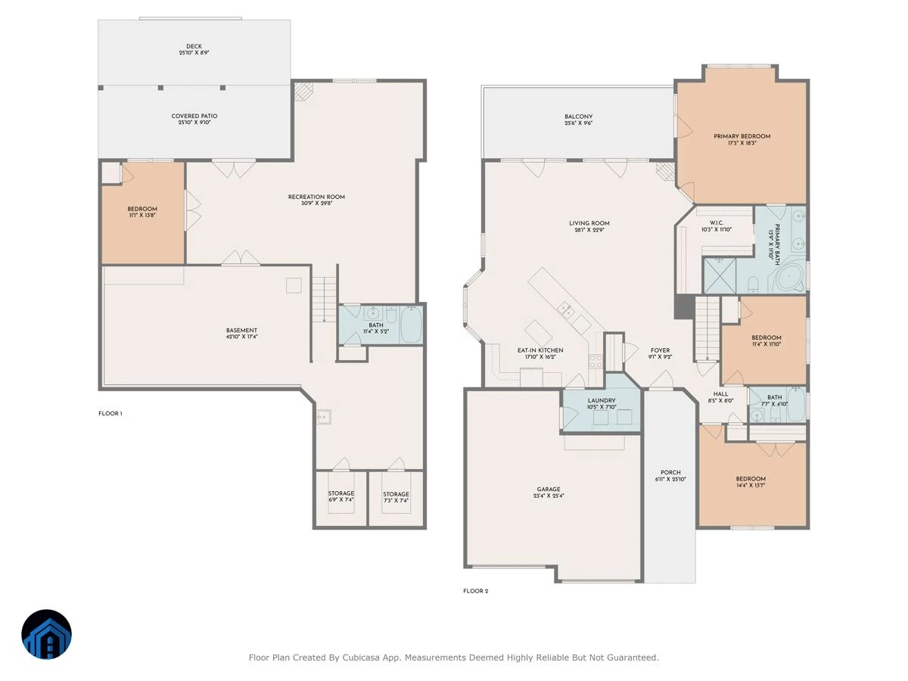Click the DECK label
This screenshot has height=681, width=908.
point(194,46)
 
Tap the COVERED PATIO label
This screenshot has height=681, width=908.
point(194,117)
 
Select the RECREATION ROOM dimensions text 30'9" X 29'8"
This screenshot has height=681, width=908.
point(316,204)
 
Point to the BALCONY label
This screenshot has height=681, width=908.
point(578,117)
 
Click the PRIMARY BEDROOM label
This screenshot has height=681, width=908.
point(742,136)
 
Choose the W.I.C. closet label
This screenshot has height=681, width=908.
point(717,223)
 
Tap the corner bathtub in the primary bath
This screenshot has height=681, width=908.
point(790,278)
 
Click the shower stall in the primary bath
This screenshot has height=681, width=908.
point(720,275)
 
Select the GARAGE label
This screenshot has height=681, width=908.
point(549,489)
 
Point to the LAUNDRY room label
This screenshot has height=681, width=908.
point(602,401)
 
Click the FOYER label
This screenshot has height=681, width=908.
point(661,350)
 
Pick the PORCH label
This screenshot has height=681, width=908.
point(670,473)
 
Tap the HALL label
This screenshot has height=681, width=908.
point(720,394)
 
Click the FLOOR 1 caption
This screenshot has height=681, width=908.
point(110,413)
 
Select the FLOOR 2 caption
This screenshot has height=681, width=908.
point(476,591)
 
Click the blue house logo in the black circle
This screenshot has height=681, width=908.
point(46,634)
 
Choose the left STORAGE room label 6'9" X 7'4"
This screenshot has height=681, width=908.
point(340,496)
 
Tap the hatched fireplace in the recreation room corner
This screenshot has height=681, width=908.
point(303,92)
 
